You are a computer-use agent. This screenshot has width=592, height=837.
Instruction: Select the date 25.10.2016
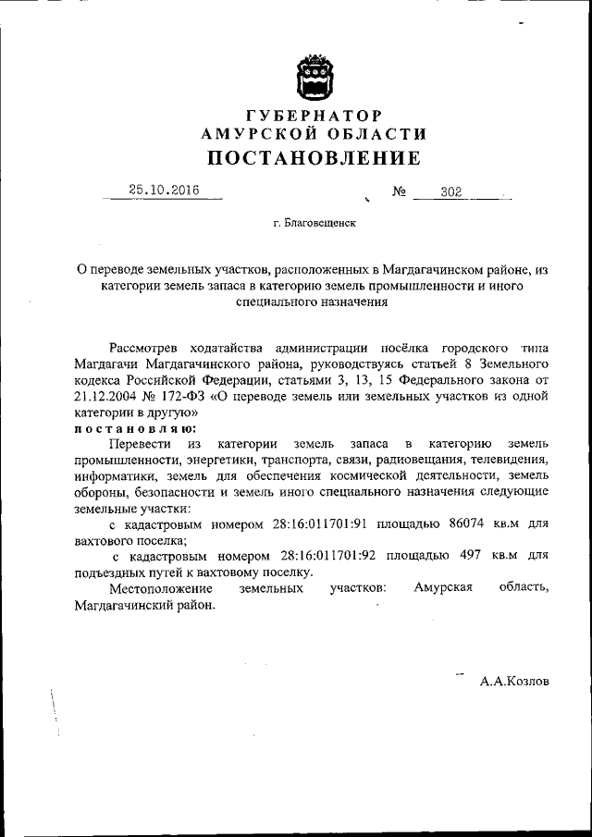(164, 190)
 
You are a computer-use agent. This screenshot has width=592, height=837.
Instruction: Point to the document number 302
(451, 192)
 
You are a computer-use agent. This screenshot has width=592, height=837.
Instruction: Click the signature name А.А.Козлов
(514, 681)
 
